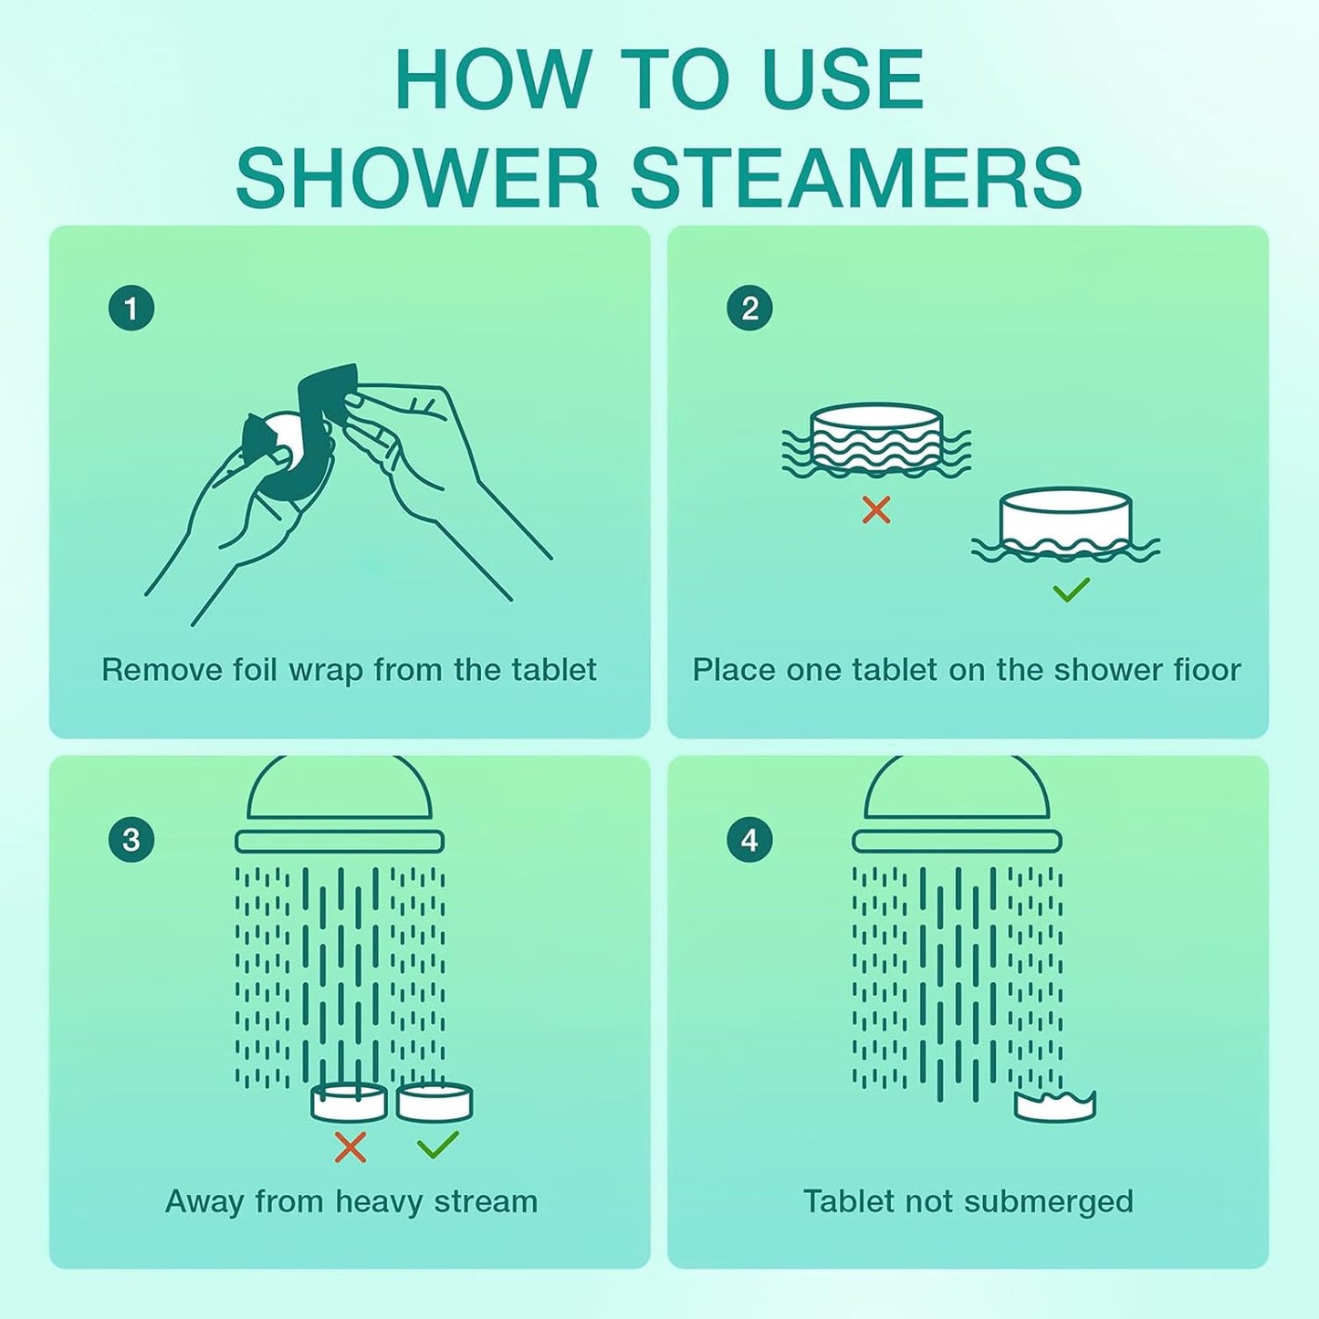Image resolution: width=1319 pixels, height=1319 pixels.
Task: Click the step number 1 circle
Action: point(131,309)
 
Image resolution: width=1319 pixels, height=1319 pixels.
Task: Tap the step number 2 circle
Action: point(749,309)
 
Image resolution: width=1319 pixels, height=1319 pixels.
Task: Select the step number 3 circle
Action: point(131,840)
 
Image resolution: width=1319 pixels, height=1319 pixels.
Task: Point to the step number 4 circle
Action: point(749,840)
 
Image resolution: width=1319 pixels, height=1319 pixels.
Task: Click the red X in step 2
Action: point(876,510)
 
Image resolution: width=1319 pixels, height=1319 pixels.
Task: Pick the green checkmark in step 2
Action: point(1071,591)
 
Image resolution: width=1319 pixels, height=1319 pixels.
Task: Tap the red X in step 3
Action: point(350,1147)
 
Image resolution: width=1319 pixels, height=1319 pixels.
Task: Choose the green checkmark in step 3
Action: point(437,1145)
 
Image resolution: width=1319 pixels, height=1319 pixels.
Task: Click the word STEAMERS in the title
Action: point(856,178)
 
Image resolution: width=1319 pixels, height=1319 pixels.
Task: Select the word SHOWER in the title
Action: point(417,178)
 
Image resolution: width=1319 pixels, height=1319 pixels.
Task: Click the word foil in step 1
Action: point(254,670)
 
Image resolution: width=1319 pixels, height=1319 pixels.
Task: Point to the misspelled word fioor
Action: point(1207,670)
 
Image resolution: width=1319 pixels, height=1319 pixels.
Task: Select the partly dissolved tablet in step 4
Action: point(1055,1106)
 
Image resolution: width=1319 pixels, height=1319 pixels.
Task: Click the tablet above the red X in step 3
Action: point(349,1103)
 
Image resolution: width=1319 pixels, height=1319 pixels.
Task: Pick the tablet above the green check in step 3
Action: point(434,1102)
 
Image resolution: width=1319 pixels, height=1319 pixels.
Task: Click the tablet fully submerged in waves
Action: point(876,438)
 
